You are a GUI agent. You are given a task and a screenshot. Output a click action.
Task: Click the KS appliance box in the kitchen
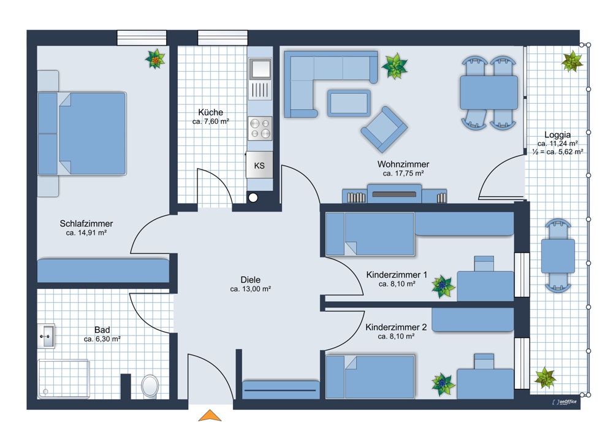(x=259, y=164)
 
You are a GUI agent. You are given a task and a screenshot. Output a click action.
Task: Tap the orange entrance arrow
(x=210, y=416)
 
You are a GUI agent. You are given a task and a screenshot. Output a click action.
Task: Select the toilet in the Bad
(x=150, y=386)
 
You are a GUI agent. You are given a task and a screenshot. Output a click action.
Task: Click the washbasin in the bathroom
(x=46, y=335)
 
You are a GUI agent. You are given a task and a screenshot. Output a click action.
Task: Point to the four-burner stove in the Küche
(x=260, y=128)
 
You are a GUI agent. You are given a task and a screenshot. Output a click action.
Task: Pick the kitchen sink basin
(x=261, y=69)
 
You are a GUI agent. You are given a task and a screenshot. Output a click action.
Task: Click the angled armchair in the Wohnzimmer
(x=384, y=129)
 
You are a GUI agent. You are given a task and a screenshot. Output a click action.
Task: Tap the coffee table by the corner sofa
(x=349, y=103)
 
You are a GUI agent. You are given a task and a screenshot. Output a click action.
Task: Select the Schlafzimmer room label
(x=86, y=224)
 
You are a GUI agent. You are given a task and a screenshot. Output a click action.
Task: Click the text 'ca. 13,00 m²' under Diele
(x=250, y=289)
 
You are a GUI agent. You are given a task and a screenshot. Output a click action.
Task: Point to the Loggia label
(x=557, y=135)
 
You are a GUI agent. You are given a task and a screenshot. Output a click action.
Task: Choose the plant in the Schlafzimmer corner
(x=155, y=59)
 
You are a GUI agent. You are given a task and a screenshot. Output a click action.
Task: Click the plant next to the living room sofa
(x=394, y=66)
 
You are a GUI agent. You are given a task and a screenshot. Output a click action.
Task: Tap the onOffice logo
(x=564, y=402)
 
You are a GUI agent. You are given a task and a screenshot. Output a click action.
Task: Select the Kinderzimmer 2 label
(x=396, y=327)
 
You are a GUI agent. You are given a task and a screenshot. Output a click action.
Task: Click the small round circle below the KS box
(x=253, y=198)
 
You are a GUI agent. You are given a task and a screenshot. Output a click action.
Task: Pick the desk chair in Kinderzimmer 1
(x=484, y=264)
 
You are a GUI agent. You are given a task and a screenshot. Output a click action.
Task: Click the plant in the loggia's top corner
(x=572, y=61)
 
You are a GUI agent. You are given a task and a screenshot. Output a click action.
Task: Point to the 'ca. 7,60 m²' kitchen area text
(x=210, y=121)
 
